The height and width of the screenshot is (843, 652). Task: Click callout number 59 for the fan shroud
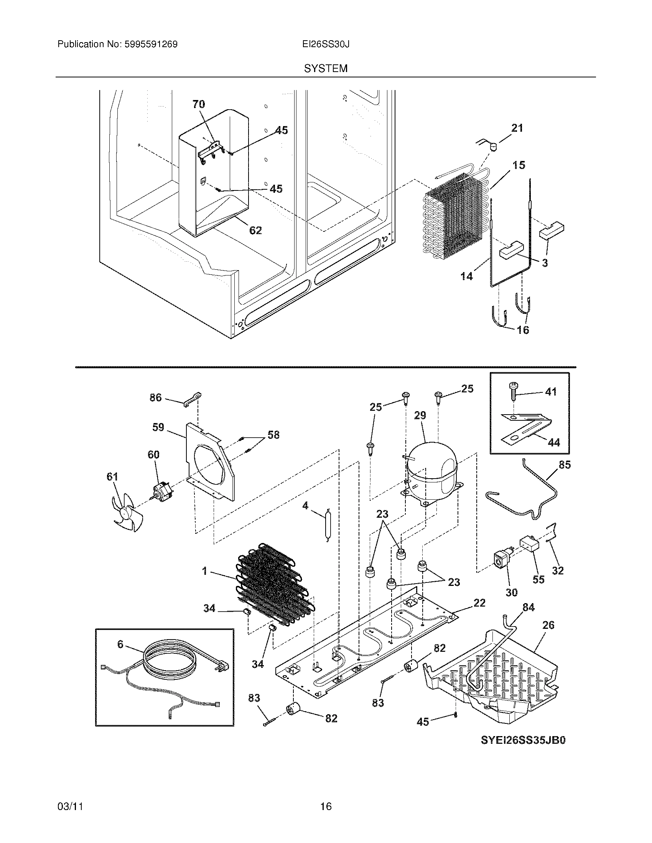click(158, 427)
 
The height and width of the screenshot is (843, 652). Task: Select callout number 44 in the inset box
click(554, 442)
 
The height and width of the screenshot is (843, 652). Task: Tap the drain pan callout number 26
click(548, 625)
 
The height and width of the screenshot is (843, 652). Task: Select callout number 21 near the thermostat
click(517, 128)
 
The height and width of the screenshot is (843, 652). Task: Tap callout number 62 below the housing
click(255, 230)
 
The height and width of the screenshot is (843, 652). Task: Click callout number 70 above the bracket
click(199, 104)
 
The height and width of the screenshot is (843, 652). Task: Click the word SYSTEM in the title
click(326, 69)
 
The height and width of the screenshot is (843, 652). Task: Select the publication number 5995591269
click(151, 44)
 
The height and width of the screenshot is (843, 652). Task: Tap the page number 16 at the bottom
click(326, 806)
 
